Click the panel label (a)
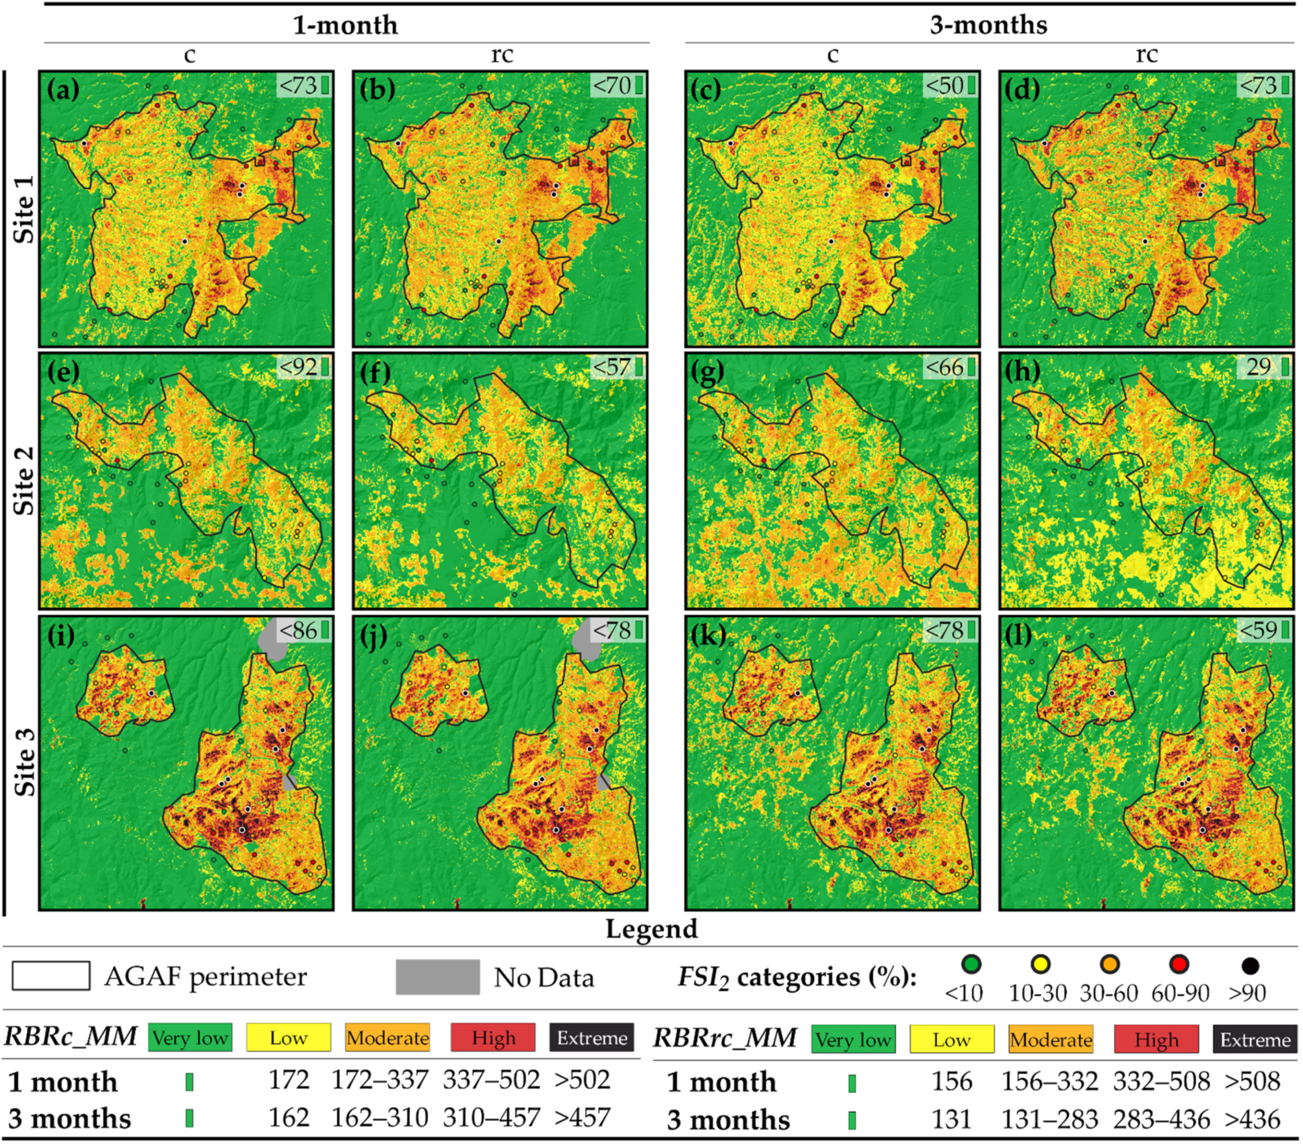point(63,90)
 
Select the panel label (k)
point(708,635)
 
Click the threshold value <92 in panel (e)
point(298,367)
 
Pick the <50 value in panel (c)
point(944,85)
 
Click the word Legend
point(652,929)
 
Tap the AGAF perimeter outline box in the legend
point(51,976)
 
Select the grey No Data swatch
point(437,977)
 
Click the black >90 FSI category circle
point(1250,966)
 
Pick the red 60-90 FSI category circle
point(1179,966)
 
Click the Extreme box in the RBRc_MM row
point(591,1038)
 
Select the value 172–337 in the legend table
point(380,1080)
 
